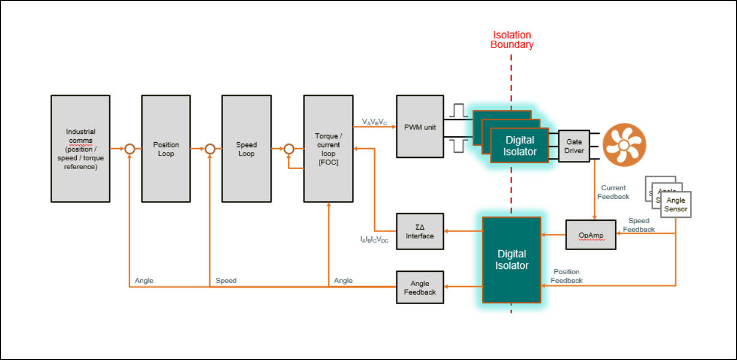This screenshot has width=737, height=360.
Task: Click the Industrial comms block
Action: click(x=80, y=149)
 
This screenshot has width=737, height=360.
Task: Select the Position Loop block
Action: click(x=166, y=149)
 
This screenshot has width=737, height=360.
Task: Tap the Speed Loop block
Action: click(x=246, y=149)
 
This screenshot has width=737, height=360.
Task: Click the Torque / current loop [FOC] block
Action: click(x=328, y=149)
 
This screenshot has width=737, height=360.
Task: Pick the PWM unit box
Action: click(x=420, y=127)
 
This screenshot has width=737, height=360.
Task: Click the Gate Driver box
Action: click(x=574, y=146)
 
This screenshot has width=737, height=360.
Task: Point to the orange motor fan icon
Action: click(x=624, y=145)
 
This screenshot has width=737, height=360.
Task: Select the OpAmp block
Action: click(x=591, y=235)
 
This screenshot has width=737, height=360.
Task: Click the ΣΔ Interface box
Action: click(x=420, y=232)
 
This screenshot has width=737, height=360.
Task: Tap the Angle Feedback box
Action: click(x=420, y=287)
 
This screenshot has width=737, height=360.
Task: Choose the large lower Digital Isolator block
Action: click(x=512, y=260)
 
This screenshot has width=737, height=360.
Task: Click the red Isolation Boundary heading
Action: click(x=512, y=40)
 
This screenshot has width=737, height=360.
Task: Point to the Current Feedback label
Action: click(x=613, y=192)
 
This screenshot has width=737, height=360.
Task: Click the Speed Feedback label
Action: click(x=639, y=225)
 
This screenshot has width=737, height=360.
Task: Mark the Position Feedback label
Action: click(x=567, y=276)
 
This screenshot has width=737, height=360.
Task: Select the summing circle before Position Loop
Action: click(x=130, y=149)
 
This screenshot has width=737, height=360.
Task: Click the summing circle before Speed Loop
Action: click(x=210, y=149)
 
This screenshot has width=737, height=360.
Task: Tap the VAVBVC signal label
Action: click(x=375, y=122)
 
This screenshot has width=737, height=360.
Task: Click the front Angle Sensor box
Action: click(x=676, y=205)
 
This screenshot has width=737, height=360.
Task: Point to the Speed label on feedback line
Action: click(x=226, y=280)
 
